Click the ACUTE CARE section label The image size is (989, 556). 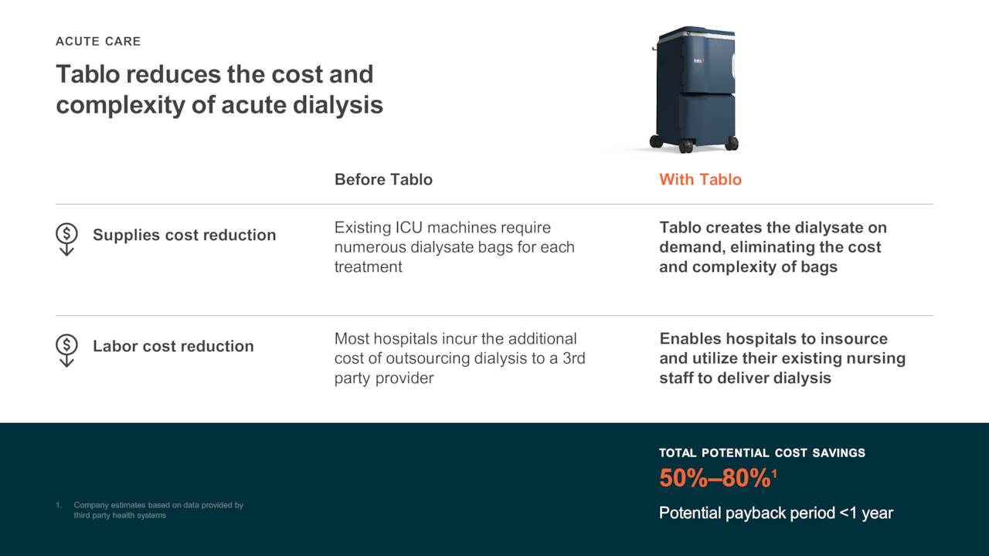pyautogui.click(x=98, y=42)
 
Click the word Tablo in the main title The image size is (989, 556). pyautogui.click(x=87, y=74)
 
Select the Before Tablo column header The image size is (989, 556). pyautogui.click(x=383, y=180)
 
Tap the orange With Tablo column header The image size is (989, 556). pyautogui.click(x=700, y=180)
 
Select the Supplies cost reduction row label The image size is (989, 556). pyautogui.click(x=184, y=236)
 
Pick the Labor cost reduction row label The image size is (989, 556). pyautogui.click(x=173, y=347)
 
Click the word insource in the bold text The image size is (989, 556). pyautogui.click(x=855, y=339)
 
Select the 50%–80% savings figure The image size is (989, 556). pyautogui.click(x=714, y=479)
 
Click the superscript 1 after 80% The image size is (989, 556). pyautogui.click(x=774, y=473)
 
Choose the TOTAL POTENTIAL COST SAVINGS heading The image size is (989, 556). pyautogui.click(x=762, y=453)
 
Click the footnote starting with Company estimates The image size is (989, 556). pyautogui.click(x=158, y=510)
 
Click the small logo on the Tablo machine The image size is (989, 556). pyautogui.click(x=698, y=60)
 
